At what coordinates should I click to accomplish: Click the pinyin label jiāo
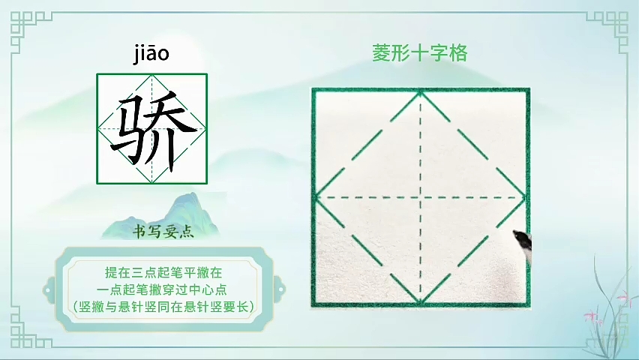pyautogui.click(x=151, y=54)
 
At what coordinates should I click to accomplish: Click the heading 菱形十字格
pyautogui.click(x=420, y=53)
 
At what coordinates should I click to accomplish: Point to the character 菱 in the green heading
pyautogui.click(x=382, y=53)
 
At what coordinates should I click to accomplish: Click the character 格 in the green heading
pyautogui.click(x=458, y=53)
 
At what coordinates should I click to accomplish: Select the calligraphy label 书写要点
pyautogui.click(x=163, y=232)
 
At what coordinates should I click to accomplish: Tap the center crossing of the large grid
pyautogui.click(x=421, y=197)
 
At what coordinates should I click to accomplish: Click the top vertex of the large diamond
pyautogui.click(x=421, y=93)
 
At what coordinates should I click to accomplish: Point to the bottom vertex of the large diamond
pyautogui.click(x=421, y=302)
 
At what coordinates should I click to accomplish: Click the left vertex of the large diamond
pyautogui.click(x=316, y=197)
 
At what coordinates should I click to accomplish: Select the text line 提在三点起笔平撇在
pyautogui.click(x=163, y=272)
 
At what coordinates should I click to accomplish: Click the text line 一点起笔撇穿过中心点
pyautogui.click(x=162, y=289)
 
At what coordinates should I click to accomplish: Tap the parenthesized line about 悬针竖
pyautogui.click(x=163, y=307)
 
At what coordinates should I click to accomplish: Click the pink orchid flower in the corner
pyautogui.click(x=589, y=316)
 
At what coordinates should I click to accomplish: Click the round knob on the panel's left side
pyautogui.click(x=49, y=290)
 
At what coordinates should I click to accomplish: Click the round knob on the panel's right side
pyautogui.click(x=279, y=290)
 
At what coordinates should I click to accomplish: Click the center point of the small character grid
pyautogui.click(x=152, y=129)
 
